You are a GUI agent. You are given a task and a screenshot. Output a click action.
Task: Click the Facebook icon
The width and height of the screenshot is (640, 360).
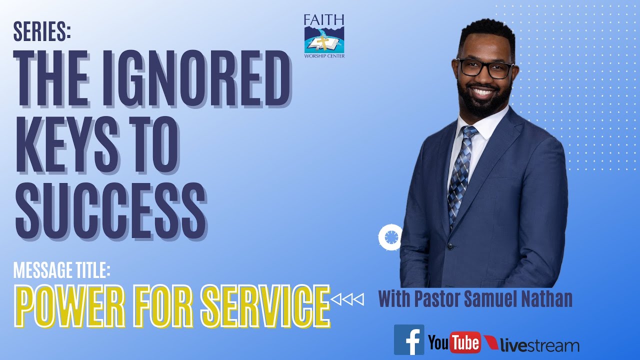(409, 340)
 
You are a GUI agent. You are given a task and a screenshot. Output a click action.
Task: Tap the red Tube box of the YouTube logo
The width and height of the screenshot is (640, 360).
(464, 342)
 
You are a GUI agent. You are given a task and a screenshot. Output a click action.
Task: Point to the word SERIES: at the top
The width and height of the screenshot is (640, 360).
(42, 31)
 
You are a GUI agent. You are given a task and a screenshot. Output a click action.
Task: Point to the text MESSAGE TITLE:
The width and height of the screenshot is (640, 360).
(61, 270)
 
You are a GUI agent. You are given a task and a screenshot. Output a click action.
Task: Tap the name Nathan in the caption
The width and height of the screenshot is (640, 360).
(547, 299)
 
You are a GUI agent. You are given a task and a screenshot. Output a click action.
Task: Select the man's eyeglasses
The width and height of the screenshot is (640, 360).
(485, 68)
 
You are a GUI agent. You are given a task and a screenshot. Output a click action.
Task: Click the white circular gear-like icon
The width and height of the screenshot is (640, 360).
(389, 237)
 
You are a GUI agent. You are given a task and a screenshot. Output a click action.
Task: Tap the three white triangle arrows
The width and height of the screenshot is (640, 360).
(348, 299)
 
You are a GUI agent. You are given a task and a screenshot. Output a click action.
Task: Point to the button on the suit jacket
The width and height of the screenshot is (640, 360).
(450, 246)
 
